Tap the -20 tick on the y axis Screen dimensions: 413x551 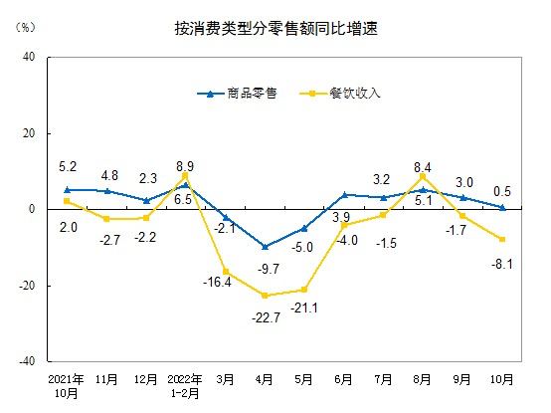(x=28, y=286)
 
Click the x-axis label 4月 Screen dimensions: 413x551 (x=265, y=380)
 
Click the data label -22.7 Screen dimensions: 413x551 (x=264, y=317)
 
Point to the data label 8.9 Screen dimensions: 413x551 (x=184, y=165)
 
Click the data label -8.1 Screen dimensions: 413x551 (x=503, y=264)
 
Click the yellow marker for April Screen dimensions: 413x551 (x=265, y=296)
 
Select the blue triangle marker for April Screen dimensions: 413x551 (x=265, y=246)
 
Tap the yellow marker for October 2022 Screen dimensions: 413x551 (x=502, y=240)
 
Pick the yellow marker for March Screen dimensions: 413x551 (x=225, y=272)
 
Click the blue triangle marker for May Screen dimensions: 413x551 (x=304, y=228)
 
